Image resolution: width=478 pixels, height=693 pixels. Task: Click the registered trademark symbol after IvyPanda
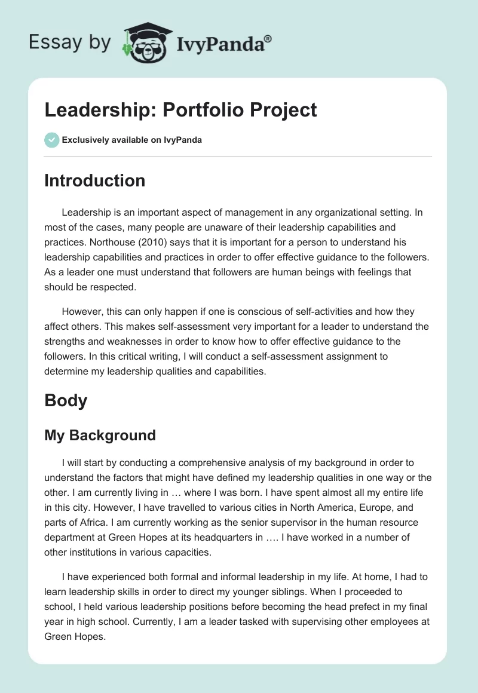pyautogui.click(x=268, y=39)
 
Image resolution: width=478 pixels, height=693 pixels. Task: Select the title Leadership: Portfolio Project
pyautogui.click(x=180, y=111)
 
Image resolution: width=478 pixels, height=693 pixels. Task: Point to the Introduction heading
pyautogui.click(x=94, y=180)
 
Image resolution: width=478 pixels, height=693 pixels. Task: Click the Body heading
pyautogui.click(x=66, y=400)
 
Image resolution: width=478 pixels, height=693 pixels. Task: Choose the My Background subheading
pyautogui.click(x=100, y=436)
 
